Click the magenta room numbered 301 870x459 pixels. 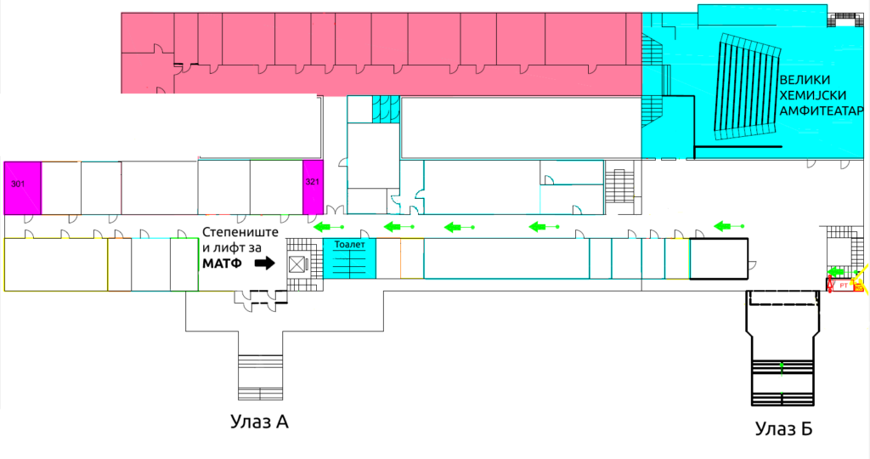pos(22,187)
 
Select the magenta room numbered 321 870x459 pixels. pos(313,186)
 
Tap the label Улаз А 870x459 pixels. pos(259,422)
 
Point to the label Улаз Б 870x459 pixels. pos(783,429)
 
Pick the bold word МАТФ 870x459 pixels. pos(222,263)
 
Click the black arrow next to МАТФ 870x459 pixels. pos(265,263)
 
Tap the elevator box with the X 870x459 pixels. pos(297,264)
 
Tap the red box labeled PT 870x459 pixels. pos(844,286)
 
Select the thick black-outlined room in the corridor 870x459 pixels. pos(718,259)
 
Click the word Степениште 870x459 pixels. pos(240,232)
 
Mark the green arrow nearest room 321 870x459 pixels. pos(327,227)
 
